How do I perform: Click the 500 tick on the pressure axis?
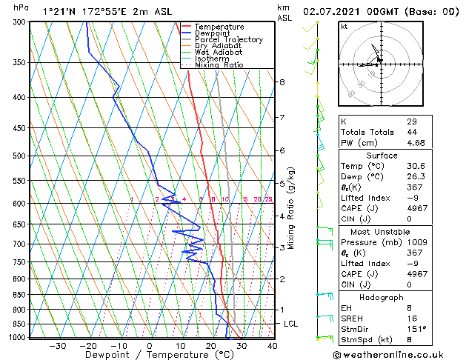pyautogui.click(x=20, y=156)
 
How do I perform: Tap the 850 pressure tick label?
pyautogui.click(x=20, y=294)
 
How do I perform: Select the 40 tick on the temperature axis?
pyautogui.click(x=271, y=346)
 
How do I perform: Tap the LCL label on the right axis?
pyautogui.click(x=291, y=324)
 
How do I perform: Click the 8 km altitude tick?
pyautogui.click(x=282, y=81)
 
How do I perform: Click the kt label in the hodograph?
pyautogui.click(x=344, y=26)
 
